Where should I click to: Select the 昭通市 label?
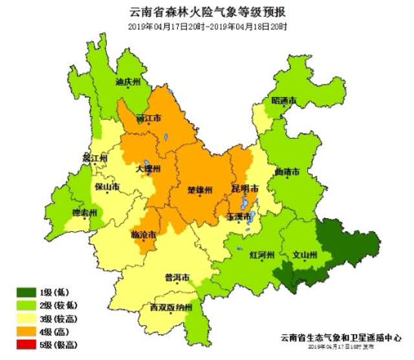point(284,101)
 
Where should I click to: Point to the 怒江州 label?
point(94,159)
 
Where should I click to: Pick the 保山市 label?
point(107,187)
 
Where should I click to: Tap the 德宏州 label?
point(84,213)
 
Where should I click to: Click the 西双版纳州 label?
point(171,308)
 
